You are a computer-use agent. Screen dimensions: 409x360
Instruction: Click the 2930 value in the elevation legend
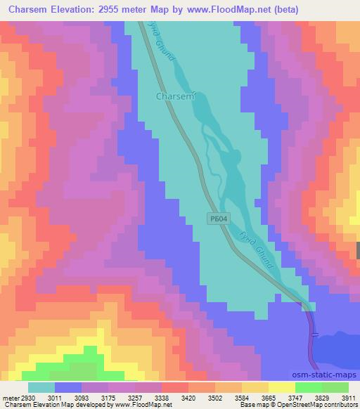[26, 397]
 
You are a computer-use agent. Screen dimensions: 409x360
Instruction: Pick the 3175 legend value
[108, 397]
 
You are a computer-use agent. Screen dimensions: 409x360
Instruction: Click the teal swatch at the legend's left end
[41, 387]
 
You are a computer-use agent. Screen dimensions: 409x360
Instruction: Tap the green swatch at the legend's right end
[335, 387]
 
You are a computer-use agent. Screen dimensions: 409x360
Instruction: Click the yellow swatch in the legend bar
[281, 387]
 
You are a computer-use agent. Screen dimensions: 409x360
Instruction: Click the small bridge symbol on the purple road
[314, 333]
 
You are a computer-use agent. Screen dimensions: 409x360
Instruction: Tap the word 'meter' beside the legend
[10, 397]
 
